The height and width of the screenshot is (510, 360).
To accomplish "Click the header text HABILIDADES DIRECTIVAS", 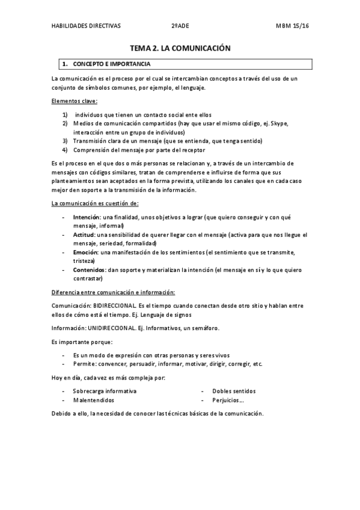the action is [86, 26].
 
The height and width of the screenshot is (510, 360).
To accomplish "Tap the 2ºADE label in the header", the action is [178, 26].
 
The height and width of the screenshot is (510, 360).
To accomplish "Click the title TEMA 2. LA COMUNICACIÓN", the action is [181, 48].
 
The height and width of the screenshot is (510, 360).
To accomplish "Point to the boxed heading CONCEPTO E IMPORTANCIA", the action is [111, 63].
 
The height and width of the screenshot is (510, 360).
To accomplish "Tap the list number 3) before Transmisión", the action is [65, 141].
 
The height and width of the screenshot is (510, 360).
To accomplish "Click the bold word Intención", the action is [86, 217].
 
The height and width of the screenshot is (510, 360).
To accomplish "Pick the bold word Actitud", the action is [84, 234].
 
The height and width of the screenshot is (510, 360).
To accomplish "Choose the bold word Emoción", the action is [85, 253].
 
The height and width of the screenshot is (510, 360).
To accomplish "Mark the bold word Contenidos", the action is [88, 270].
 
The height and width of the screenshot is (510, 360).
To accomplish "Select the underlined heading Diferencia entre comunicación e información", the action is [113, 292].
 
